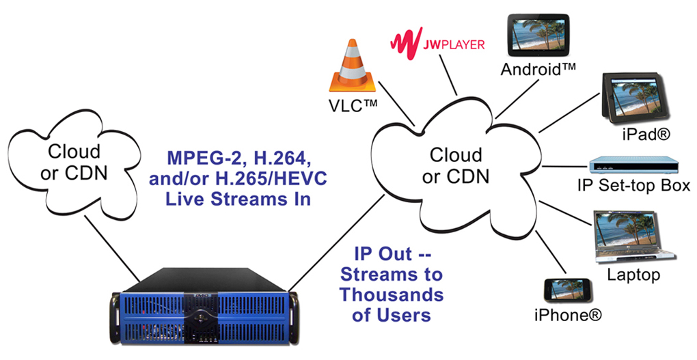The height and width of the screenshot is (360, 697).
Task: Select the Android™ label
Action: pyautogui.click(x=538, y=70)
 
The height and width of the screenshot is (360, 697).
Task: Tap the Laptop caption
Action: pyautogui.click(x=633, y=275)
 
